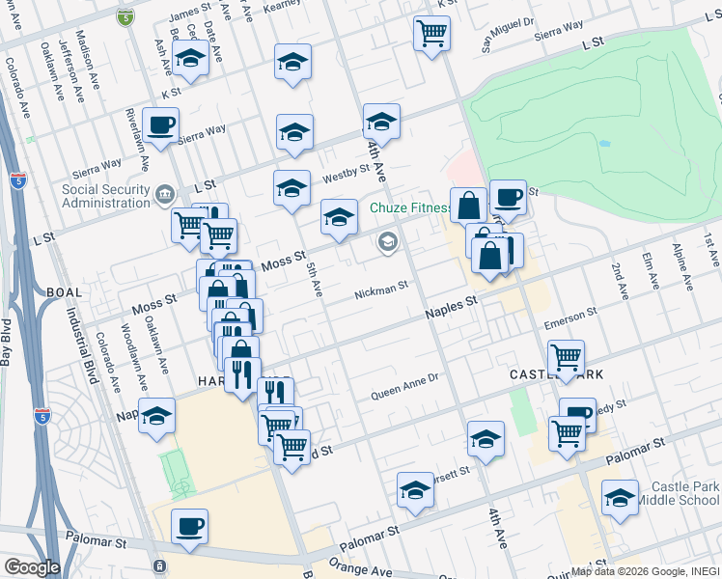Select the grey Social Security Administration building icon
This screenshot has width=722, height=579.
[x=164, y=196]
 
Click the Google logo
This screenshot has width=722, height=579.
[x=32, y=567]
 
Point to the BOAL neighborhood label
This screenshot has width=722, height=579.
[x=64, y=291]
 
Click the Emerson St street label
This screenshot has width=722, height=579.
[x=570, y=314]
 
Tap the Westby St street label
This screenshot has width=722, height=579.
[x=347, y=174]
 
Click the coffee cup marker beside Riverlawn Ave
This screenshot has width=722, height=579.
[x=160, y=124]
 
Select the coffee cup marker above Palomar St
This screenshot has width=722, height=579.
[x=189, y=527]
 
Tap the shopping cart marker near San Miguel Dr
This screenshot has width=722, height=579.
[x=431, y=33]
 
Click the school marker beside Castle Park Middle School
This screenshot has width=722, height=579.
[x=620, y=498]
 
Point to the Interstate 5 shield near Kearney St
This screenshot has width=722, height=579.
[x=125, y=17]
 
